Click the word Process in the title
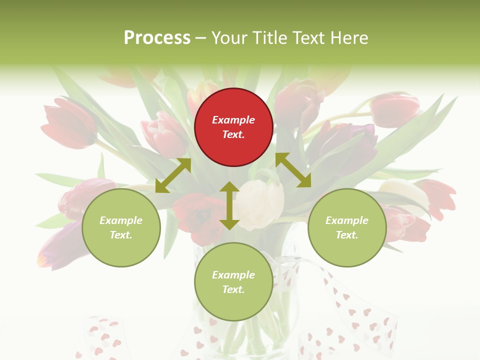(x=157, y=38)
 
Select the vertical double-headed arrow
(x=229, y=205)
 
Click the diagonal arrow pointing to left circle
(x=173, y=175)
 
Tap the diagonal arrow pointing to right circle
(x=293, y=170)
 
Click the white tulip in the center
(x=260, y=202)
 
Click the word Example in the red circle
(x=233, y=120)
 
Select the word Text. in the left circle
(x=121, y=235)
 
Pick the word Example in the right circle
(x=346, y=220)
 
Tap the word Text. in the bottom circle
(x=233, y=289)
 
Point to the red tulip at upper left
(x=67, y=122)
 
